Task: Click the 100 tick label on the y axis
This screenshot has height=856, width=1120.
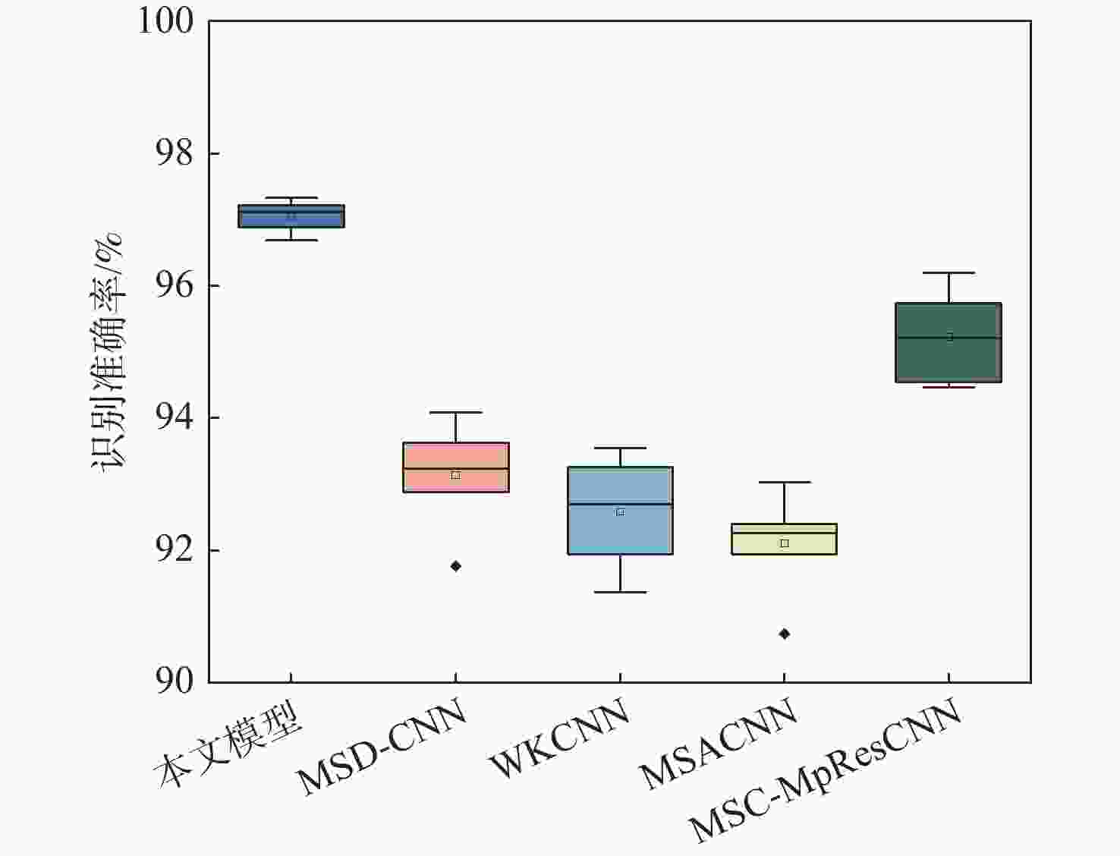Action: pyautogui.click(x=165, y=20)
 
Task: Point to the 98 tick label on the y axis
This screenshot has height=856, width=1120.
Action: pyautogui.click(x=175, y=153)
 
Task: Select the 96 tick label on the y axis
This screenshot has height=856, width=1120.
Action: pyautogui.click(x=175, y=285)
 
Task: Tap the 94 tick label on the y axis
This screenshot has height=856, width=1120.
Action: pyautogui.click(x=175, y=417)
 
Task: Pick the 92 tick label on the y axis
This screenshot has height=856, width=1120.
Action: pyautogui.click(x=175, y=550)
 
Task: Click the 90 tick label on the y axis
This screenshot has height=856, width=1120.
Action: pyautogui.click(x=175, y=681)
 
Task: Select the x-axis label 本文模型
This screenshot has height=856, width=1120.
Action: pyautogui.click(x=228, y=748)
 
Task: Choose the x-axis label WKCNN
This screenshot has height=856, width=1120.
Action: pyautogui.click(x=559, y=737)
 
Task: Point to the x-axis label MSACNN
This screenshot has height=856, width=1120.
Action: pyautogui.click(x=717, y=743)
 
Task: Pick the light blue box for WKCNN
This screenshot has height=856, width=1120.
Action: pyautogui.click(x=620, y=531)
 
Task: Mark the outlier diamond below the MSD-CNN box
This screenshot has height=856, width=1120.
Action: pyautogui.click(x=456, y=566)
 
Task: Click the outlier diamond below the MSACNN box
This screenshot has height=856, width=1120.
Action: pyautogui.click(x=785, y=634)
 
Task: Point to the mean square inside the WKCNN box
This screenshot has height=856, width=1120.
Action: pyautogui.click(x=620, y=511)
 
